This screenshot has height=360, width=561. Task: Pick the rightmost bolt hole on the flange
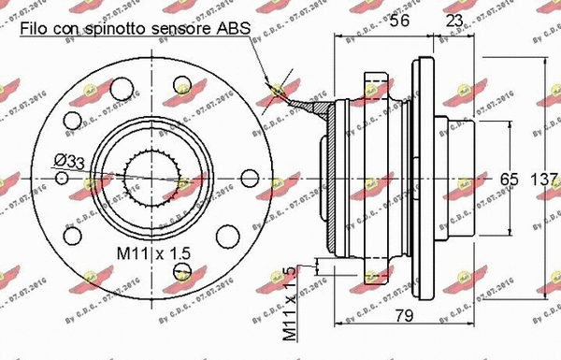(x=249, y=178)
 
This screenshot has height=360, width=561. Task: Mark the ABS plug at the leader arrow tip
(x=277, y=91)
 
